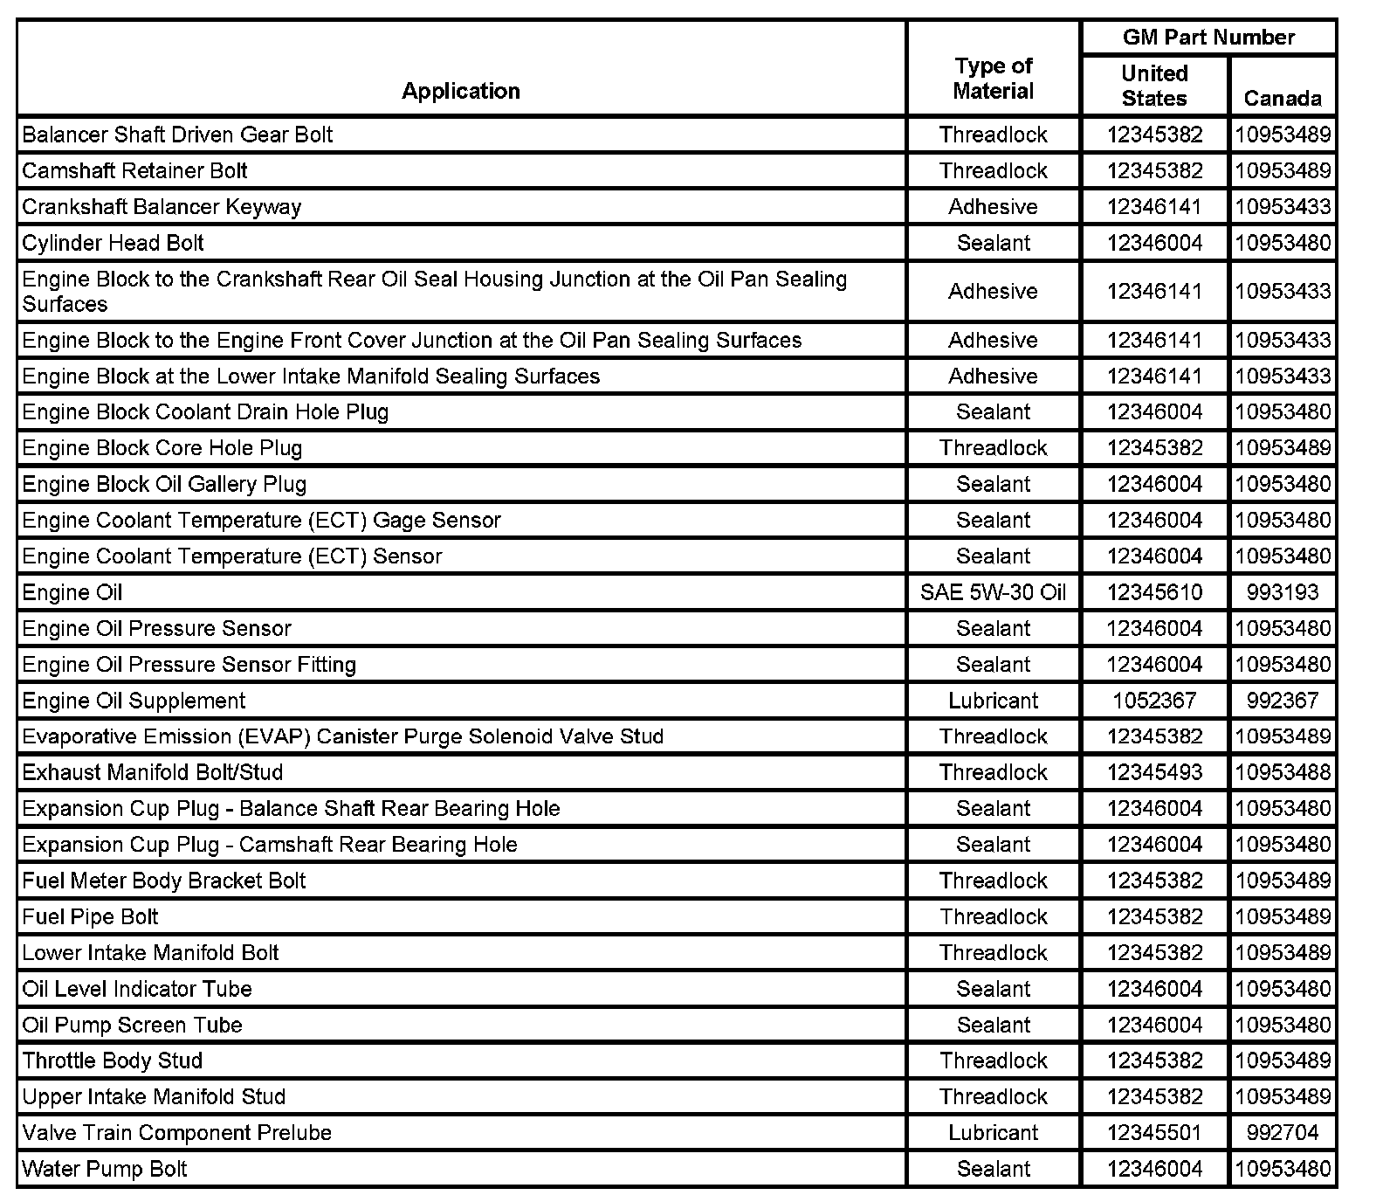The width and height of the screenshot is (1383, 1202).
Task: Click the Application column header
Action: [x=460, y=91]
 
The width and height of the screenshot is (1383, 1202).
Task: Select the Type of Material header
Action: [x=993, y=79]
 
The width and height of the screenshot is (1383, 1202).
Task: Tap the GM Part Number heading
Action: [x=1208, y=38]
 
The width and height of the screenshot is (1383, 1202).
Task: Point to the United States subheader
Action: [x=1154, y=86]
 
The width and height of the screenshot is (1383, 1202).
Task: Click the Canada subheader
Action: [x=1282, y=98]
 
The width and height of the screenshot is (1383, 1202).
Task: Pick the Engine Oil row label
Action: [x=72, y=592]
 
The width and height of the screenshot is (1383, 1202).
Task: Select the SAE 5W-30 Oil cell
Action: [x=993, y=592]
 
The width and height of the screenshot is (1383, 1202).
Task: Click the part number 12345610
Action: [x=1154, y=592]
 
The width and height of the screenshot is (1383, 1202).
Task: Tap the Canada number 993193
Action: [x=1282, y=592]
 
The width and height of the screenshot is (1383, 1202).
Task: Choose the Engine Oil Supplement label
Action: [x=134, y=701]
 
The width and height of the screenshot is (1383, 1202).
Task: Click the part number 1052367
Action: [x=1154, y=701]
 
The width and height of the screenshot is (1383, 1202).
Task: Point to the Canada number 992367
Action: [x=1282, y=701]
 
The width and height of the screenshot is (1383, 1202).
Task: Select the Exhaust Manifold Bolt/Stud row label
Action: [x=153, y=772]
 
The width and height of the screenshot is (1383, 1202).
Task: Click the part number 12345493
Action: [x=1154, y=772]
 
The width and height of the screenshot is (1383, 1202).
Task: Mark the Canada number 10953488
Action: [x=1282, y=772]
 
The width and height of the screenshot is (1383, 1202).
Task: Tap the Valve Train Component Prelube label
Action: [x=177, y=1133]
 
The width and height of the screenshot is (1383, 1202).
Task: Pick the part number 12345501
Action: [x=1154, y=1133]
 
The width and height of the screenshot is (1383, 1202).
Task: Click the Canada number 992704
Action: [x=1282, y=1133]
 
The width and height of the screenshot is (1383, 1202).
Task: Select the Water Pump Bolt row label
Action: [x=105, y=1169]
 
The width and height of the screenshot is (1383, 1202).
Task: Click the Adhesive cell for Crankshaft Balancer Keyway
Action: [x=993, y=207]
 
